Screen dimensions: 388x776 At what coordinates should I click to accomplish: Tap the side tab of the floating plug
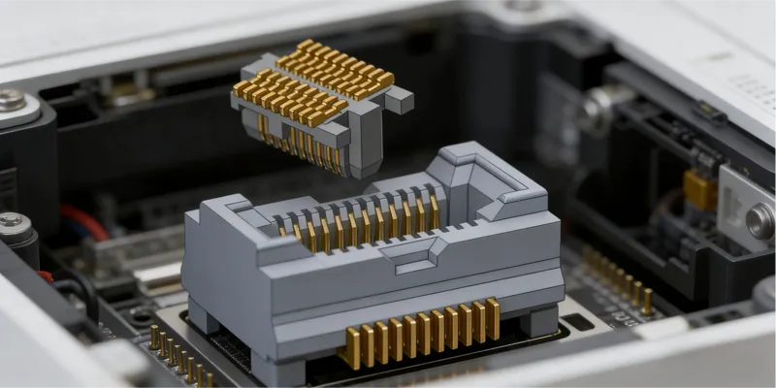pos(399,100)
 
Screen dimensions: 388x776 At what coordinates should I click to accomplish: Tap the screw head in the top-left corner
pos(13,100)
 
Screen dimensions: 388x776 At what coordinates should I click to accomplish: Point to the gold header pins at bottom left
pos(175,355)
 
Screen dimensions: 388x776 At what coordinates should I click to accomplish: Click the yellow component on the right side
pos(699,188)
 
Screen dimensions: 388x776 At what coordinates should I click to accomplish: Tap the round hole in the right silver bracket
pos(760,222)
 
